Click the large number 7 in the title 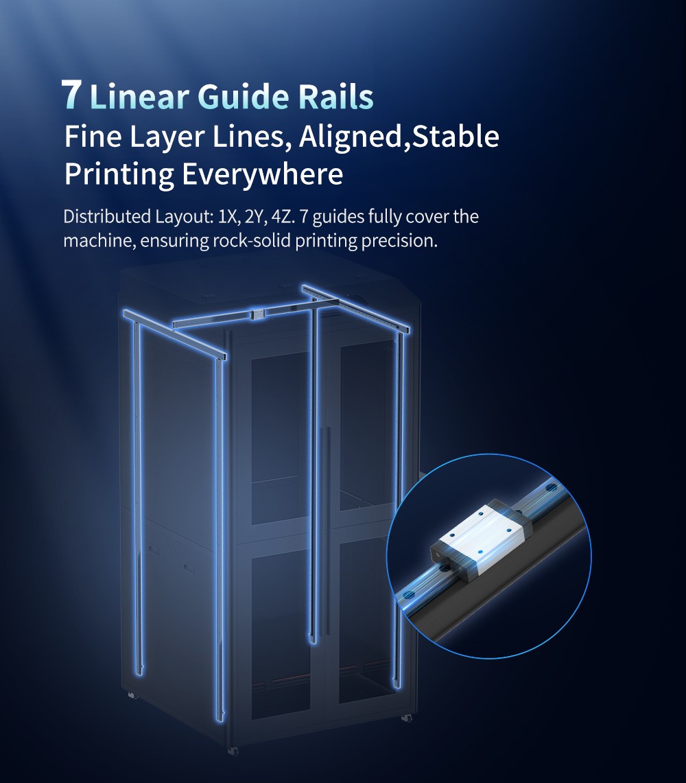tap(71, 95)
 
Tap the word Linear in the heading tap(139, 96)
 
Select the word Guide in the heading tap(243, 96)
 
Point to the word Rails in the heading tap(336, 96)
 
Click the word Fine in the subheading tap(93, 137)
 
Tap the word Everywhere tap(262, 175)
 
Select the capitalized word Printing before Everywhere tap(119, 175)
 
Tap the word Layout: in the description tap(185, 218)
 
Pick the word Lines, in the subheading tap(252, 137)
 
